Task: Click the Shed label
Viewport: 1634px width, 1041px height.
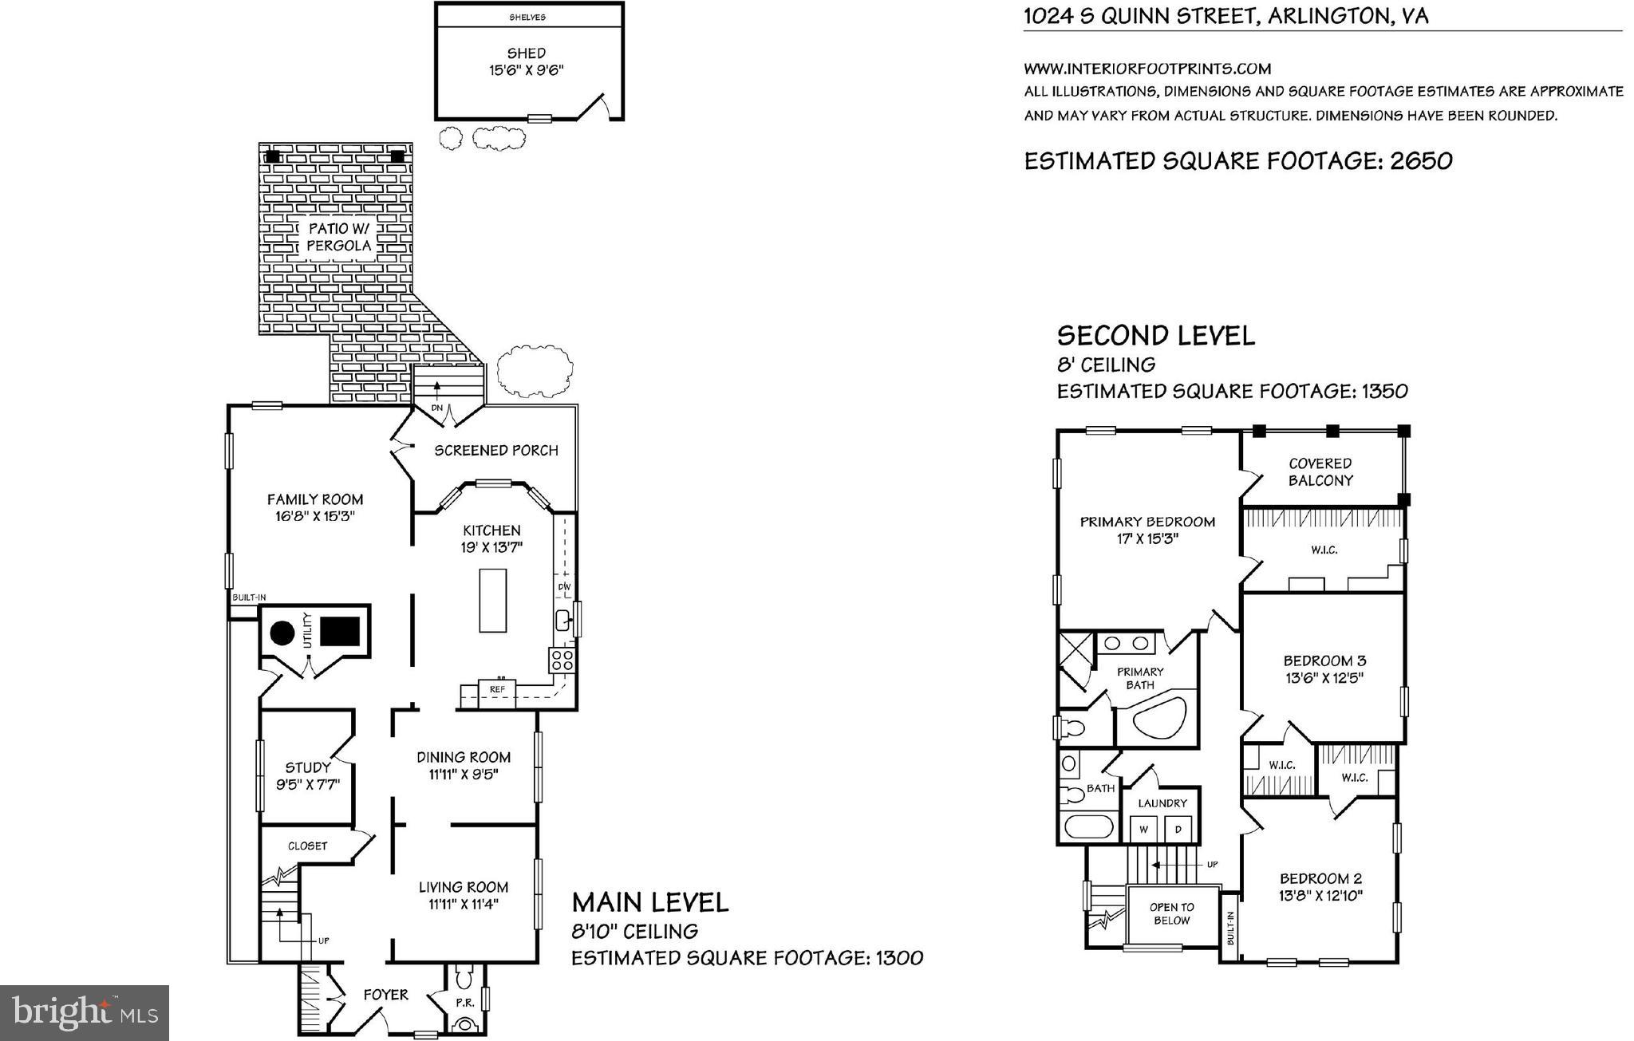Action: (526, 54)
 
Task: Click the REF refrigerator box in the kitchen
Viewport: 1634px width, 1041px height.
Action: (497, 688)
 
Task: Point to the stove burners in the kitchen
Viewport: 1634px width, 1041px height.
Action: (561, 660)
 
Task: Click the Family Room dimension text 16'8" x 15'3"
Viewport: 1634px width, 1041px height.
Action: (314, 516)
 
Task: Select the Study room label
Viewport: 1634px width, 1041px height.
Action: (308, 768)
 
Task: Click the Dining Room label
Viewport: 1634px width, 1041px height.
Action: (464, 757)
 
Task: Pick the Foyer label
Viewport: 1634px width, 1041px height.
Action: (385, 995)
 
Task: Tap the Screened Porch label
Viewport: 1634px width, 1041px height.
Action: (495, 451)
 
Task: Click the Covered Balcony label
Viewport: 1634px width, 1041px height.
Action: (1320, 471)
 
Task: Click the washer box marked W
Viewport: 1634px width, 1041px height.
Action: (1143, 829)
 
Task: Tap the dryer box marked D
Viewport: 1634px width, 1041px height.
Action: (1178, 829)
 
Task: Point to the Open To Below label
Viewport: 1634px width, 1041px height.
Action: (1171, 913)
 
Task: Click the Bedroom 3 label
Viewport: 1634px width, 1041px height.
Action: (1324, 660)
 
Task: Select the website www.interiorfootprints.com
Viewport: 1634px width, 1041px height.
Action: (1147, 69)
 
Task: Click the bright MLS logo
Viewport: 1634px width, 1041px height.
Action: (85, 1012)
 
